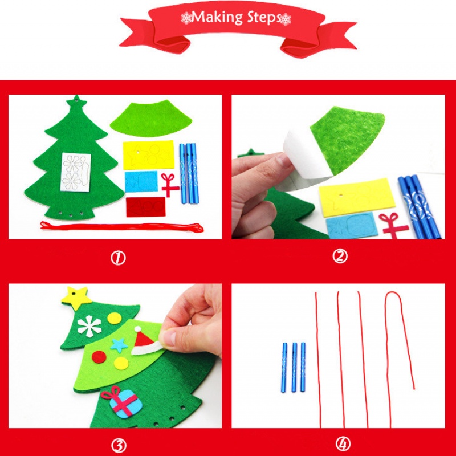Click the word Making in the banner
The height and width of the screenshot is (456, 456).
tap(217, 18)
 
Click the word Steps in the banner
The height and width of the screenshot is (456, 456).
tap(264, 18)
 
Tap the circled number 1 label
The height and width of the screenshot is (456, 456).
tap(118, 258)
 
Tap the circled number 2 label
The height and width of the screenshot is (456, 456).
tap(340, 256)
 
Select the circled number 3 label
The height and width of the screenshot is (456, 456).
tap(119, 445)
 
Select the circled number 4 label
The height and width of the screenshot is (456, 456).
tap(343, 444)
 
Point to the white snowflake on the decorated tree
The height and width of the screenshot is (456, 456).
tap(89, 326)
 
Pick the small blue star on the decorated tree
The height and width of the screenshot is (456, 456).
tap(119, 345)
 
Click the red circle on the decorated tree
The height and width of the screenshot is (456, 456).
tap(99, 357)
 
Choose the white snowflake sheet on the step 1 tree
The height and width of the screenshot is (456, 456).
tap(76, 172)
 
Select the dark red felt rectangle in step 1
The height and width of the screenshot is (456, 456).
tap(146, 207)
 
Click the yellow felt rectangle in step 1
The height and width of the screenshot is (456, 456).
tap(149, 154)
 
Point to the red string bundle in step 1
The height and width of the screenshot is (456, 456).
tap(121, 226)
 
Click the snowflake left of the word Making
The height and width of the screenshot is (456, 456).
tap(186, 18)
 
